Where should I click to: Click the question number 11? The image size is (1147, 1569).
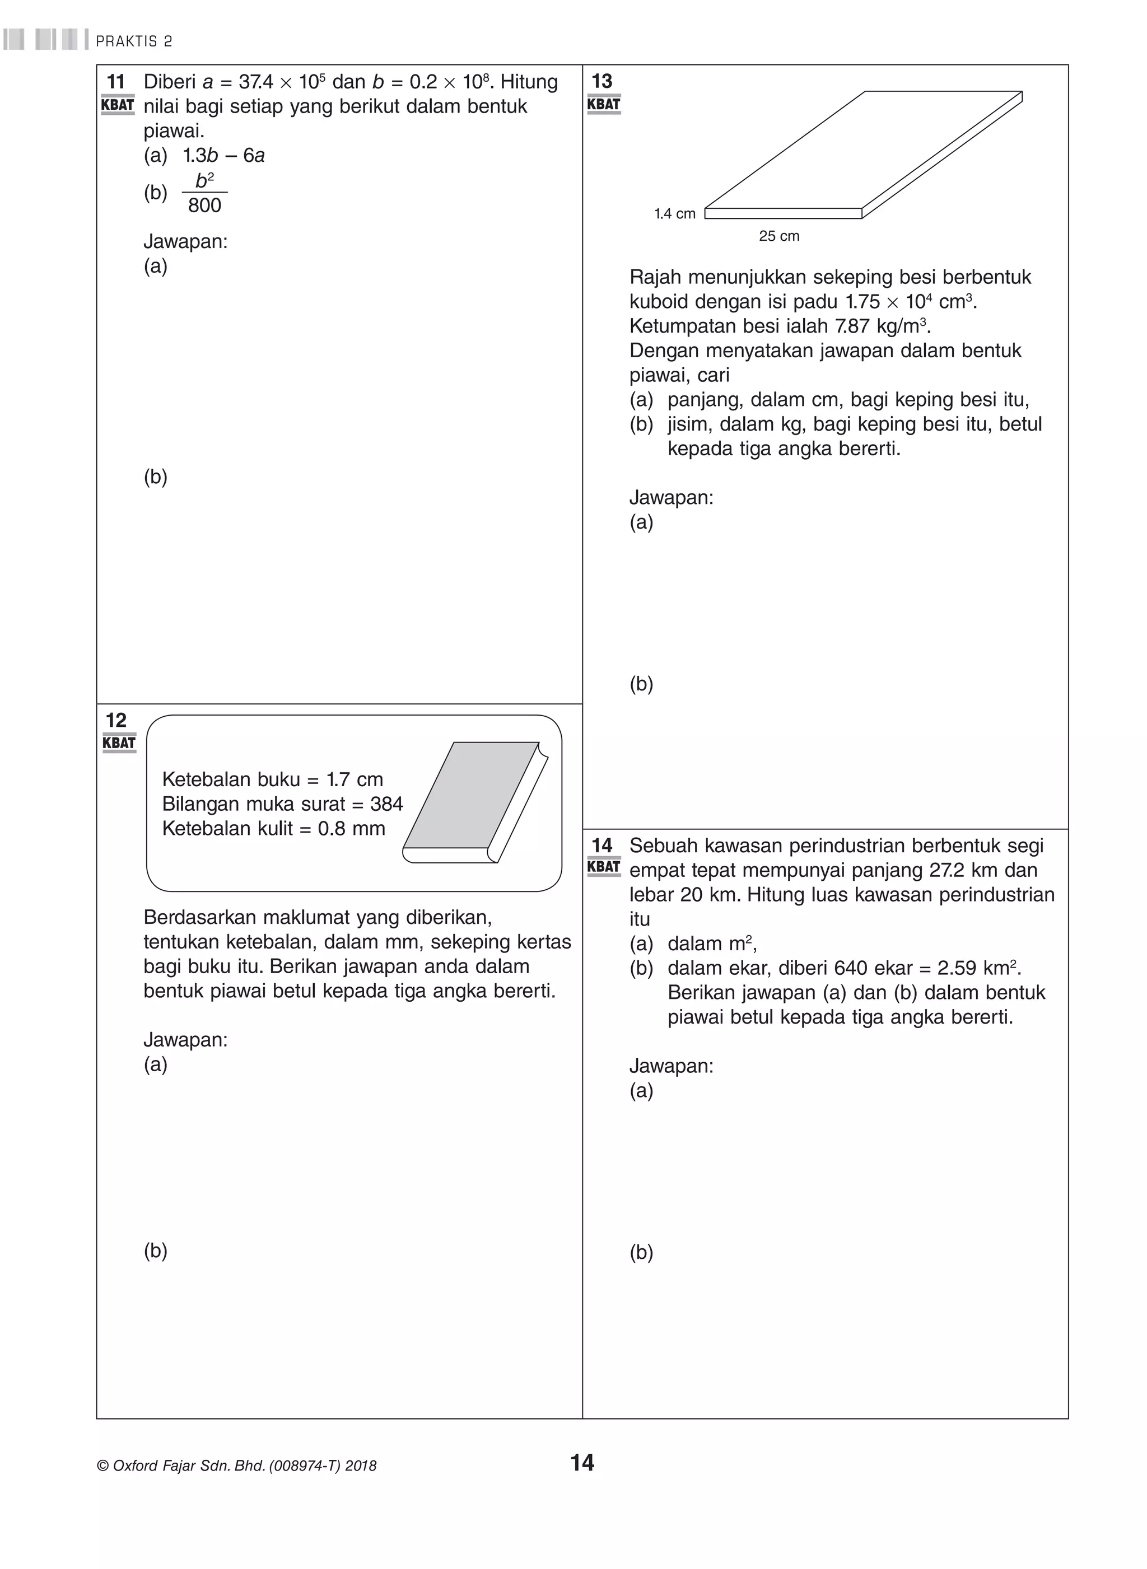click(x=115, y=82)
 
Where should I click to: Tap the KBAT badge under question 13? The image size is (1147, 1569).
click(x=603, y=104)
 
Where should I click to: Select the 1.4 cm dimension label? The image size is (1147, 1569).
click(x=674, y=214)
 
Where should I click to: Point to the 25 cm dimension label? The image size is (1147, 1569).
click(x=778, y=236)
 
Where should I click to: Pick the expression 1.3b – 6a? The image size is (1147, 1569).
click(x=223, y=156)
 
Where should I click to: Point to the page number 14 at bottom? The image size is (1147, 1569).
click(x=582, y=1463)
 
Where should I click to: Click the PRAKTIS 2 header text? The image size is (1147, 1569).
click(x=134, y=41)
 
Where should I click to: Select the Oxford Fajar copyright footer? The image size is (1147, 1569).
click(x=237, y=1465)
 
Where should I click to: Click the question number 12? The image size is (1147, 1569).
click(x=115, y=720)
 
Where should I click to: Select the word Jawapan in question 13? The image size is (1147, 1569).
click(x=671, y=497)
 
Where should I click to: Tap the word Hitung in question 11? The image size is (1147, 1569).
click(x=528, y=82)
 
